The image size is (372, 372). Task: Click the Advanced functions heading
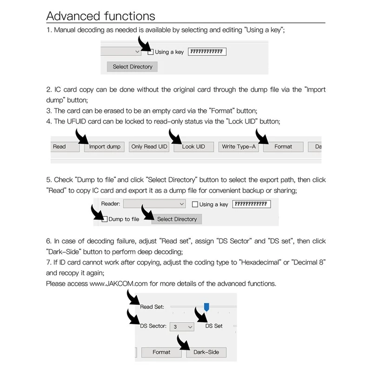tap(100, 16)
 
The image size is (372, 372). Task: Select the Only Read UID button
tap(149, 147)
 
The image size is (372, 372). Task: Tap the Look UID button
tap(194, 147)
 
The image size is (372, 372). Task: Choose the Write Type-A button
tap(239, 147)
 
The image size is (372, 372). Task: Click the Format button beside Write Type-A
tap(283, 147)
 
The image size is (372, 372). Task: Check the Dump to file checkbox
tap(105, 219)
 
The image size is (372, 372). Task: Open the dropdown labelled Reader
tap(155, 204)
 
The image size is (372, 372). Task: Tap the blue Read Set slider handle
tap(207, 306)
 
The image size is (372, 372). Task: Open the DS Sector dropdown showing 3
tap(181, 327)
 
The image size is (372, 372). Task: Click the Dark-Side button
tap(206, 352)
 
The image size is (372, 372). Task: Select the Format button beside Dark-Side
tap(161, 352)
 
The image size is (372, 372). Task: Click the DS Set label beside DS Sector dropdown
tap(214, 326)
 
